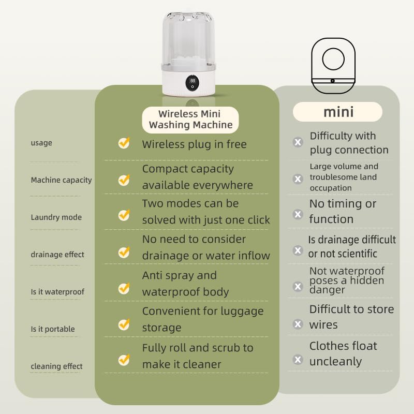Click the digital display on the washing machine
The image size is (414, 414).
tap(193, 81)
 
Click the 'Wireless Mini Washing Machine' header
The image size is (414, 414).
tap(190, 119)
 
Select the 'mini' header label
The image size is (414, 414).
tap(338, 112)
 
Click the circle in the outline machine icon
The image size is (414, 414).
tap(333, 60)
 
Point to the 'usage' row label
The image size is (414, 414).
tap(41, 143)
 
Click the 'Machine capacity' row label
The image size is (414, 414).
tap(61, 180)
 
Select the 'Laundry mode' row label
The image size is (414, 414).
tap(56, 217)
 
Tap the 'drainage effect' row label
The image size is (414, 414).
tap(57, 255)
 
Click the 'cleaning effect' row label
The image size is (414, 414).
tap(56, 366)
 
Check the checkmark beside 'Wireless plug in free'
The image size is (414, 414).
tap(124, 143)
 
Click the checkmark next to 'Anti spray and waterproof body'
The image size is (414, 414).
tap(124, 288)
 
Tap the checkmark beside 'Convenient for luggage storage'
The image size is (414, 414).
tap(124, 324)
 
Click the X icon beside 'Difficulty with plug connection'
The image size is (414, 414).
tap(298, 142)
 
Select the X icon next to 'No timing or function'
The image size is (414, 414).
tap(298, 214)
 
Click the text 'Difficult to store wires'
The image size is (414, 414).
tap(351, 317)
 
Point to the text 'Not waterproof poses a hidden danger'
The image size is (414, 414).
tap(347, 280)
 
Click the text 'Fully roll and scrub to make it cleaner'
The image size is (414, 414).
tap(198, 356)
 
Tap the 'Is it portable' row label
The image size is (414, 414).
tap(52, 329)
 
